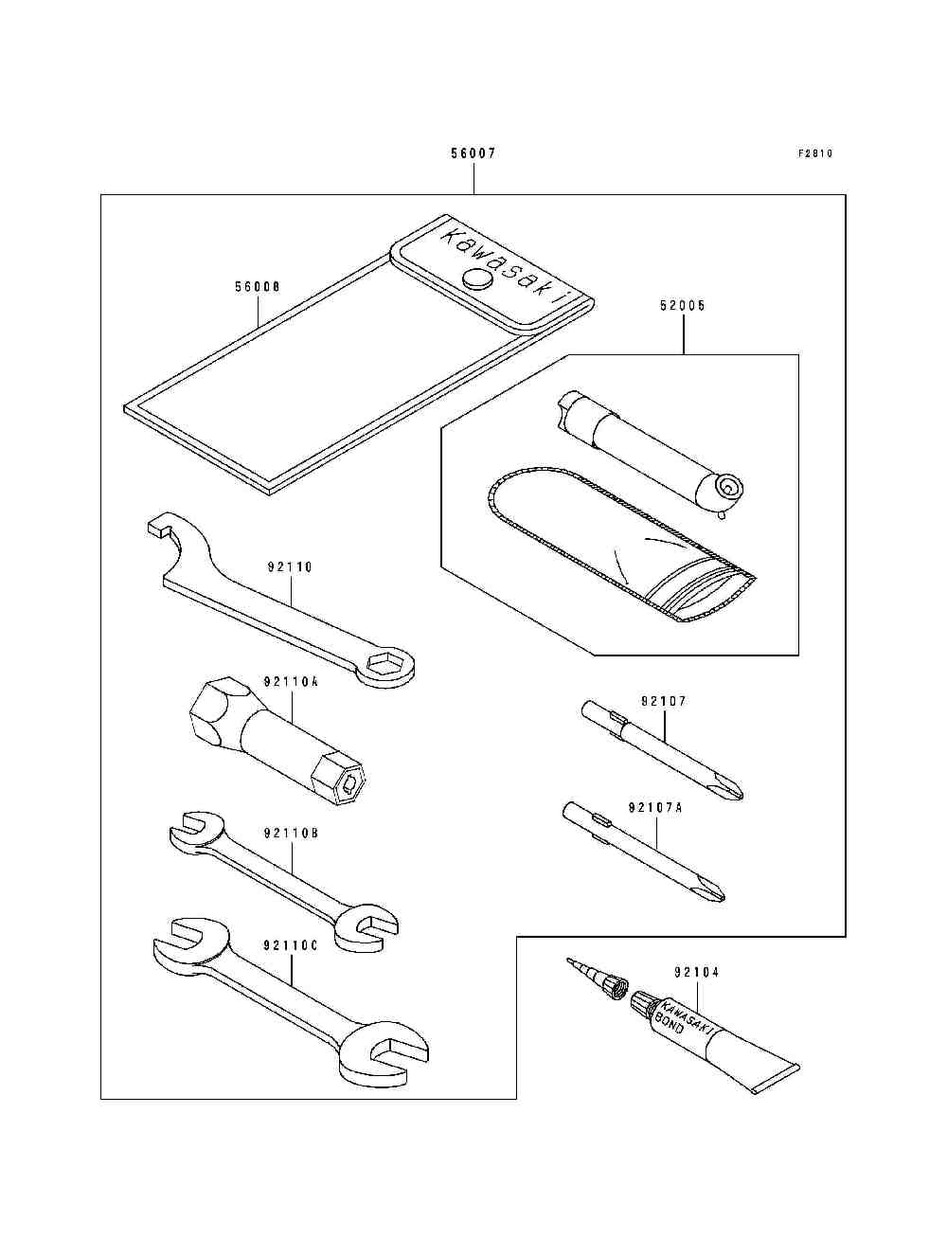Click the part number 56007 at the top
pyautogui.click(x=473, y=153)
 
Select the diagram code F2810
pyautogui.click(x=814, y=153)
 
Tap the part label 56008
pyautogui.click(x=258, y=285)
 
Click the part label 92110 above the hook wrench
pyautogui.click(x=290, y=567)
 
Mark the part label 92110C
pyautogui.click(x=291, y=945)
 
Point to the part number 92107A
pyautogui.click(x=655, y=808)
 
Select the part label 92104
pyautogui.click(x=697, y=972)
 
